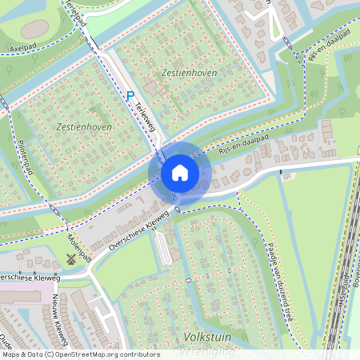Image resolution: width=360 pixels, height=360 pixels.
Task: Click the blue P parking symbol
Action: (x=130, y=94)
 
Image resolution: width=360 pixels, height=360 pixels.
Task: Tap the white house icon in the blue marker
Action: (x=180, y=173)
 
